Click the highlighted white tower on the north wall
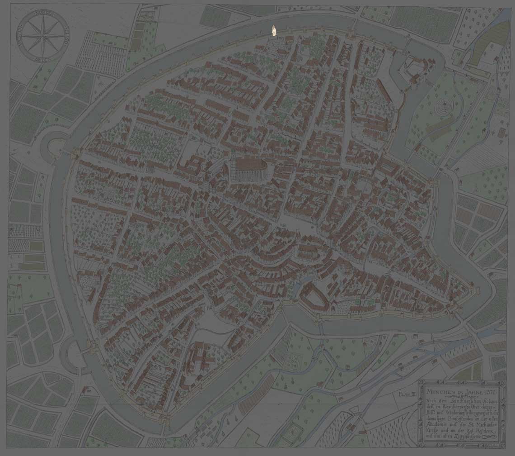(x=272, y=30)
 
